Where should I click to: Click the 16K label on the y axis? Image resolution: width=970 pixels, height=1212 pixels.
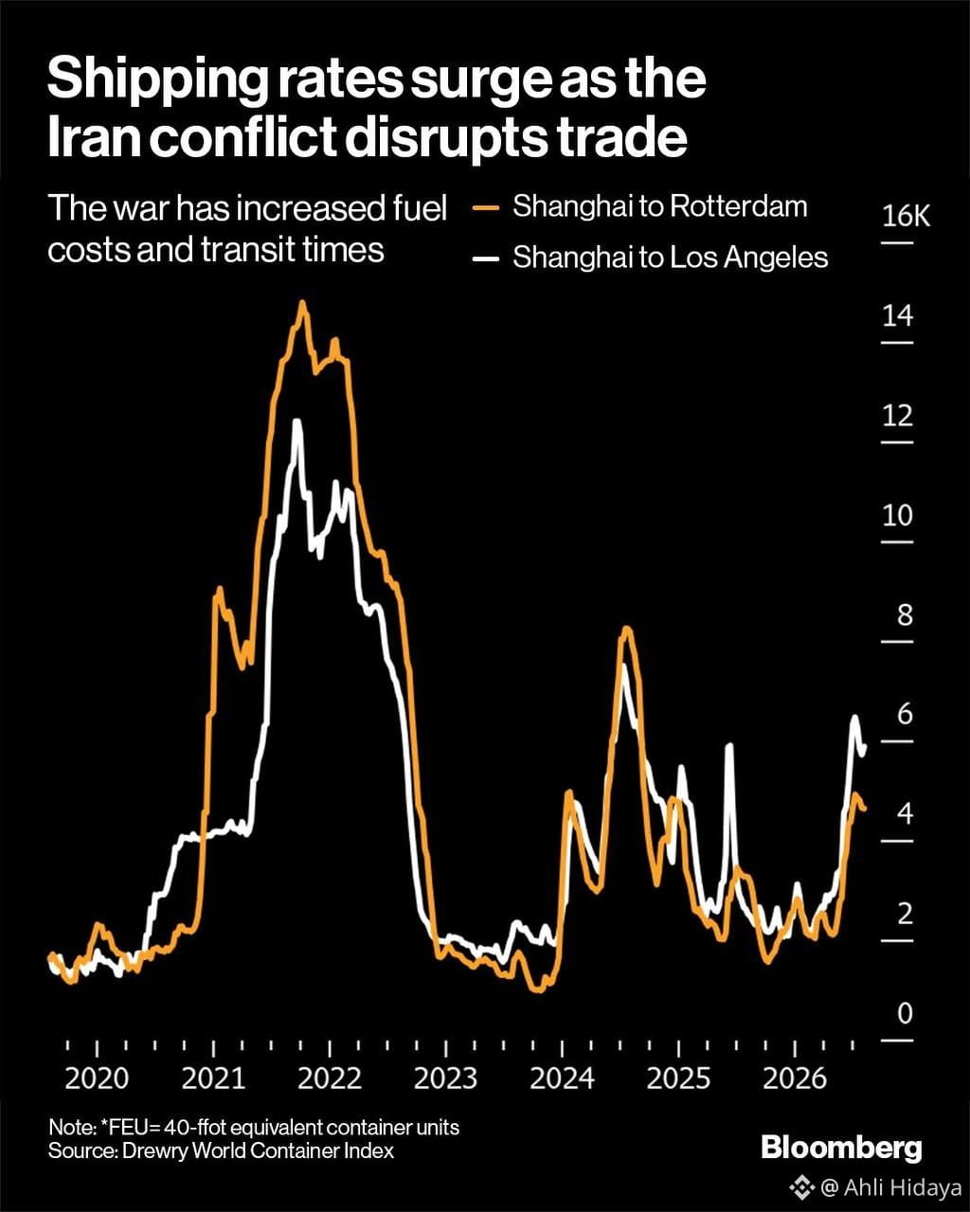(x=906, y=216)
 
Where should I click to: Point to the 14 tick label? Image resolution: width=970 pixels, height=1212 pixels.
(x=897, y=316)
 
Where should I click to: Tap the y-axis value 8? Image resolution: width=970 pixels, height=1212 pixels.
(x=905, y=615)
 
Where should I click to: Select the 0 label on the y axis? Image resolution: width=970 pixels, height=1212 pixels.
(x=905, y=1013)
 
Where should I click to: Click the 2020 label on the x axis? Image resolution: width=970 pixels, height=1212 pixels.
(x=97, y=1078)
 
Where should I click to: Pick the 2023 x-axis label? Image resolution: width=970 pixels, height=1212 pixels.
(x=445, y=1078)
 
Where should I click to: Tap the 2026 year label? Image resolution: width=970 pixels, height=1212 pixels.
(x=794, y=1078)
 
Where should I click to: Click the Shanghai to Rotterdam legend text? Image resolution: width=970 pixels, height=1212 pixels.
(x=660, y=206)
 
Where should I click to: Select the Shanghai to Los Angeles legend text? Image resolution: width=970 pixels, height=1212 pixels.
(x=670, y=258)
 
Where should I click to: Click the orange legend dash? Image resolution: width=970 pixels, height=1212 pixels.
(x=486, y=207)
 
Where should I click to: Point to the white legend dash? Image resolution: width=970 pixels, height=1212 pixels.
(x=486, y=259)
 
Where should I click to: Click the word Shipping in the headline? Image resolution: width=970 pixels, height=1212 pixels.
(x=157, y=80)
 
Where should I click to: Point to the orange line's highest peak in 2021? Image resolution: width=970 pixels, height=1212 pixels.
(x=303, y=302)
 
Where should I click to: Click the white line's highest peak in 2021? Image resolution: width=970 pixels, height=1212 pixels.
(x=297, y=422)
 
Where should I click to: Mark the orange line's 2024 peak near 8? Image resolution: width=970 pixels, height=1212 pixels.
(x=627, y=628)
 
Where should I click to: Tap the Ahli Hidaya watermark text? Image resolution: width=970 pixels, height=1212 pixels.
(x=903, y=1188)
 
